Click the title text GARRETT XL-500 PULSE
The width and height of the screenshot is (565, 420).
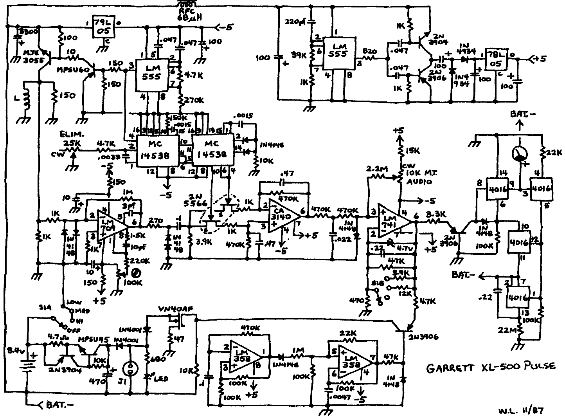coord(490,367)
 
